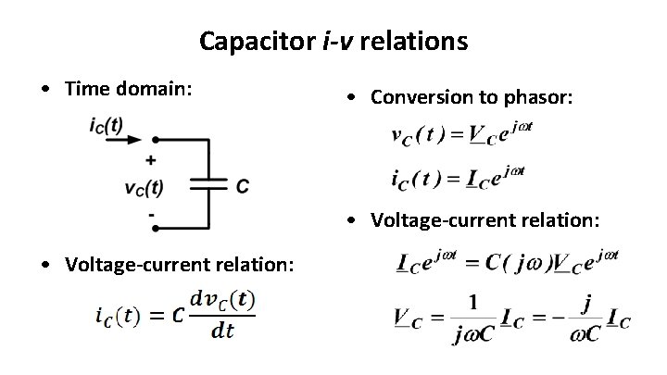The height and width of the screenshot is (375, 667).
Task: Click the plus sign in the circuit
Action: (x=151, y=158)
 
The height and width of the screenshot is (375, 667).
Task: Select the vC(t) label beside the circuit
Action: (x=144, y=186)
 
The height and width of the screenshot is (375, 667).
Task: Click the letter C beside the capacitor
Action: (x=242, y=186)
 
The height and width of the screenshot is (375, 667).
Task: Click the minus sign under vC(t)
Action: (x=151, y=213)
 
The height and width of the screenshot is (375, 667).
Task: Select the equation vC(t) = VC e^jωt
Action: (x=462, y=136)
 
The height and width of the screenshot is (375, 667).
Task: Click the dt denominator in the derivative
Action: (x=222, y=331)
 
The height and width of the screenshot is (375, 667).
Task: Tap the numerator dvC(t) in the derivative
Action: (x=222, y=301)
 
